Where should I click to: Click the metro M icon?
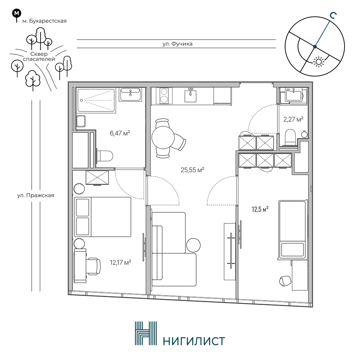17,13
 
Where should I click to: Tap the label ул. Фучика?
177,44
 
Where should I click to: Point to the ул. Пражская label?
36,195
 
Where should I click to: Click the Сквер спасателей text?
39,57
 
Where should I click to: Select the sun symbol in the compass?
319,62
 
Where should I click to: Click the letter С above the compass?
333,15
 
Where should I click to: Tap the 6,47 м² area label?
120,133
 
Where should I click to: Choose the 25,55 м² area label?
192,170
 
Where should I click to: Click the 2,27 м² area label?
293,120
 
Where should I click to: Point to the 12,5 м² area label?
260,210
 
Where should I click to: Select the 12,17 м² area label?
120,262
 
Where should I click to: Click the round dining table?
163,138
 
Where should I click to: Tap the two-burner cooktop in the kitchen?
164,96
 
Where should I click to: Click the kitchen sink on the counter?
190,95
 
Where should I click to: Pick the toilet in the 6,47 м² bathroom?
105,156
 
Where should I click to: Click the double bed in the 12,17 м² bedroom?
102,217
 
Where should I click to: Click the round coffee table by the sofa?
193,245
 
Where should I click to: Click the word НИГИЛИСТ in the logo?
194,341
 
